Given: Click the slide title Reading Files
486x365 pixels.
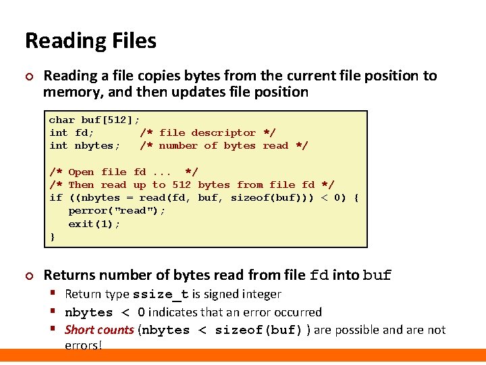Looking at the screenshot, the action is (x=90, y=41).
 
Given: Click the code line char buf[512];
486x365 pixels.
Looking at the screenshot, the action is (x=94, y=120).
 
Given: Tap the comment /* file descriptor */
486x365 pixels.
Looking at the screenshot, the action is (x=207, y=133).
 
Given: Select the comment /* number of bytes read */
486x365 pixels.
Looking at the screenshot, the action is (x=223, y=146).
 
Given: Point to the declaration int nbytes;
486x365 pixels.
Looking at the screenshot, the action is (x=84, y=146).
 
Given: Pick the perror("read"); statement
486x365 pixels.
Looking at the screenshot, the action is (x=117, y=211).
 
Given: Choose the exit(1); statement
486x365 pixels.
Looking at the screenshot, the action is (x=94, y=224).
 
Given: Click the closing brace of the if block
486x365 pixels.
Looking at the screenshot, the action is (x=53, y=237).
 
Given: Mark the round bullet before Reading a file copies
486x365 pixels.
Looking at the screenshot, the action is (x=28, y=76).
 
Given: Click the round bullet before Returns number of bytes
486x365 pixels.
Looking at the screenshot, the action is (x=28, y=276).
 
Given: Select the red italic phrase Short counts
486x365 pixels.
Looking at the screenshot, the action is (x=99, y=330).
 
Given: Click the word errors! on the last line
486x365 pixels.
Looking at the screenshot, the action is (x=83, y=346).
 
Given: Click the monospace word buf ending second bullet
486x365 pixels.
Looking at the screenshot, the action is (x=377, y=276).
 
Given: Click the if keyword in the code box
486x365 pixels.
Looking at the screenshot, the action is (x=55, y=198).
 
